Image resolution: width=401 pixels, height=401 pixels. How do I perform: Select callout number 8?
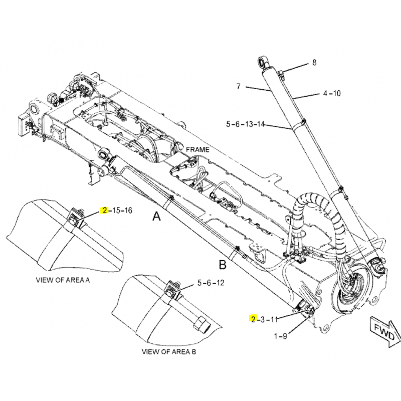pyautogui.click(x=314, y=63)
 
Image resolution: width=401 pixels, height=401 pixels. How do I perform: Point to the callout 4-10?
pyautogui.click(x=331, y=93)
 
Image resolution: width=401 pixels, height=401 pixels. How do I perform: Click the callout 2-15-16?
pyautogui.click(x=116, y=211)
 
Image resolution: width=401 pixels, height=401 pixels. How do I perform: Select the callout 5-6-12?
pyautogui.click(x=211, y=283)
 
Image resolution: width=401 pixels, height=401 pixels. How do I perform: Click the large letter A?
pyautogui.click(x=157, y=217)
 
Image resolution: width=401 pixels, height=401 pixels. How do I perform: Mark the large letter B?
pyautogui.click(x=223, y=264)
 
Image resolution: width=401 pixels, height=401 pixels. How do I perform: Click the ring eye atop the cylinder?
pyautogui.click(x=263, y=63)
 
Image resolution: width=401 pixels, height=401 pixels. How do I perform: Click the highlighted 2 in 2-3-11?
pyautogui.click(x=253, y=319)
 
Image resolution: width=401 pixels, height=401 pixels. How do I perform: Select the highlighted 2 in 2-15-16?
pyautogui.click(x=105, y=211)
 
